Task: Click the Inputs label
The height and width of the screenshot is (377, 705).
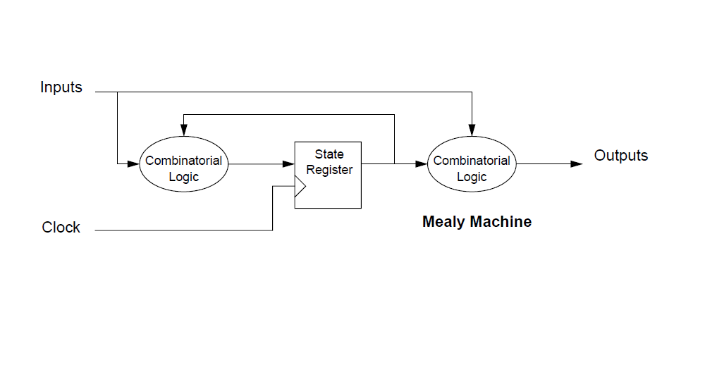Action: click(61, 88)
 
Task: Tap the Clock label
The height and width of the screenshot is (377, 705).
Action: click(61, 228)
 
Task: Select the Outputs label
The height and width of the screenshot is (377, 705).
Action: click(620, 156)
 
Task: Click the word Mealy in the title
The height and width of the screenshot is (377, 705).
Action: click(443, 222)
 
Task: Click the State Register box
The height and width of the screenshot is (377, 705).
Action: click(329, 175)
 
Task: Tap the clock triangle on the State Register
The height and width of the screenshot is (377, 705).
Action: click(300, 187)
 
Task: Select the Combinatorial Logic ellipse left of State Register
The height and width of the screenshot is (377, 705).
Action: click(183, 163)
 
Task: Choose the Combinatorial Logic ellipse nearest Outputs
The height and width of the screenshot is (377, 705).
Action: click(472, 163)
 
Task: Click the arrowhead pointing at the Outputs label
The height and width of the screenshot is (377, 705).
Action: click(577, 163)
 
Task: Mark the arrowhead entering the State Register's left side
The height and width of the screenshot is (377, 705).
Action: click(289, 163)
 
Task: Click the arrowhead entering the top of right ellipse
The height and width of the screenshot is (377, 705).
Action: click(472, 131)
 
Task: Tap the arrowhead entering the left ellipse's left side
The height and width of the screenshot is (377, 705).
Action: click(134, 163)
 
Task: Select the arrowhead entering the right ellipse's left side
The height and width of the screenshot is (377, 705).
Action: click(422, 163)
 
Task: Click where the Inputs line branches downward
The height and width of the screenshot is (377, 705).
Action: click(117, 92)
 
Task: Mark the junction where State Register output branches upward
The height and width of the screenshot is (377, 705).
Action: click(394, 163)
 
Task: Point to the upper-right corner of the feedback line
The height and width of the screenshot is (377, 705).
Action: click(394, 114)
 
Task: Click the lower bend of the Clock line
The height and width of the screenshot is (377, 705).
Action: click(273, 230)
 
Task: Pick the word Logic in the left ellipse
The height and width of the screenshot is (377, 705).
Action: click(183, 177)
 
